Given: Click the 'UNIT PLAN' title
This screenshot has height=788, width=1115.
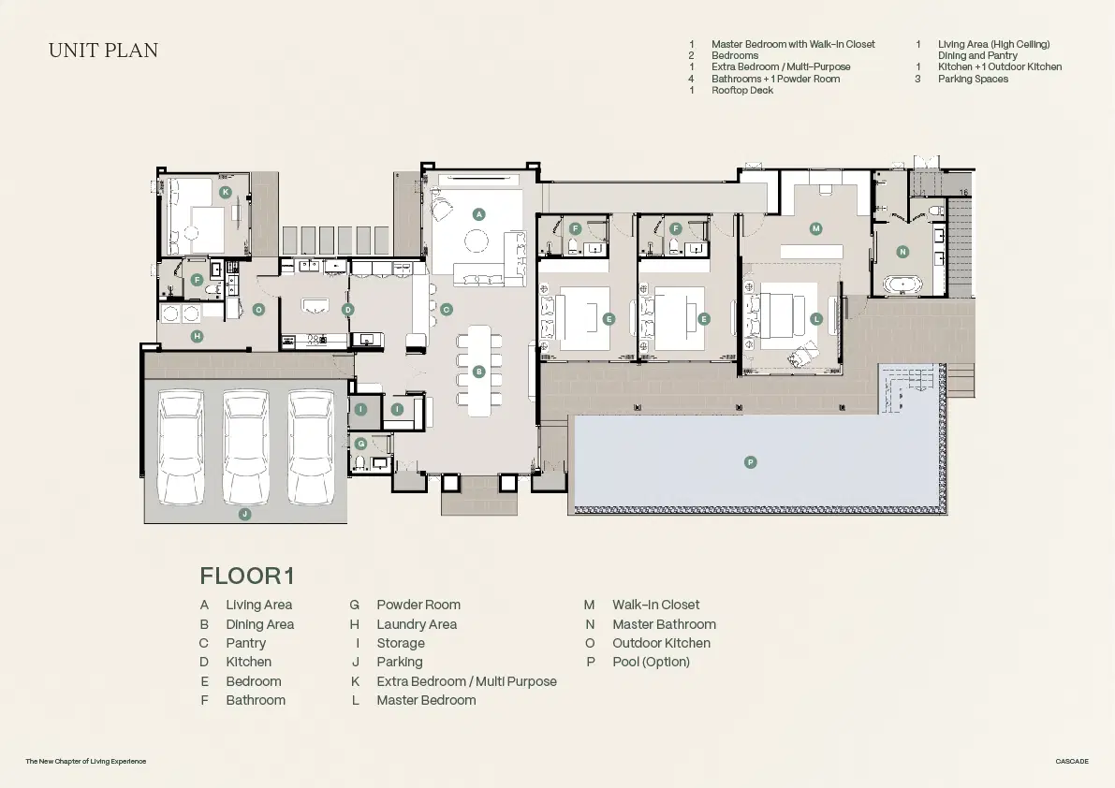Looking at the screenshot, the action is point(103,51).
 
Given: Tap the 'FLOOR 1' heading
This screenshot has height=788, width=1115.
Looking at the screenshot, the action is point(247,576).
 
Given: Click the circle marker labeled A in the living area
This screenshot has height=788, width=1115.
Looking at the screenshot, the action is point(478,214).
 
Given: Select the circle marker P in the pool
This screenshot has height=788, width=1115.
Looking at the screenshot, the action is point(750,462).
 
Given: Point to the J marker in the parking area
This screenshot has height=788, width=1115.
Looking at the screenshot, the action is point(244,514).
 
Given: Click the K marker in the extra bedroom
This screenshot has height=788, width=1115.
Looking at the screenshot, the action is point(226,192).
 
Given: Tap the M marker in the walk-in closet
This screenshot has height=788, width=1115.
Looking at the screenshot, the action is point(815,228).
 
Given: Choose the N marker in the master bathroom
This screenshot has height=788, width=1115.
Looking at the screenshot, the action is point(902,252).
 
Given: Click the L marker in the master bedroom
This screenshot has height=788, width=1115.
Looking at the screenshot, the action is point(816,319).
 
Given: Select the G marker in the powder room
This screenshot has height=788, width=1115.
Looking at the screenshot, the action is point(361,444).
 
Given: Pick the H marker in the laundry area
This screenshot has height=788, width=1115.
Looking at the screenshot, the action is point(197,336).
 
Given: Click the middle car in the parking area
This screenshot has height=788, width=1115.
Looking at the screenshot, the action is point(246,447).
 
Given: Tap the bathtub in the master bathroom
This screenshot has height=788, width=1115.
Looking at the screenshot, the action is point(903,285).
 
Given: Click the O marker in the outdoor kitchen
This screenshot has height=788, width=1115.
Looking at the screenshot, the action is point(258,310).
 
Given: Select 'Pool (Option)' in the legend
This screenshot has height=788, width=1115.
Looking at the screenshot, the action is point(651,663).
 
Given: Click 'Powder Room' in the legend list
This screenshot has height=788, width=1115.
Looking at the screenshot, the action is point(418,605).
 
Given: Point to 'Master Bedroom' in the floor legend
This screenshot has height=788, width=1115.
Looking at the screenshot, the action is point(426,700).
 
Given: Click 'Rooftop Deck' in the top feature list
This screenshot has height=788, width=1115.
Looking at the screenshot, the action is point(742,90).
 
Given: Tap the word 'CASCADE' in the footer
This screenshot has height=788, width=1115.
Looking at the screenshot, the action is point(1072,761).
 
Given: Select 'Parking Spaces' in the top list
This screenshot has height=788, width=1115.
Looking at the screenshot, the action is point(973,79).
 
